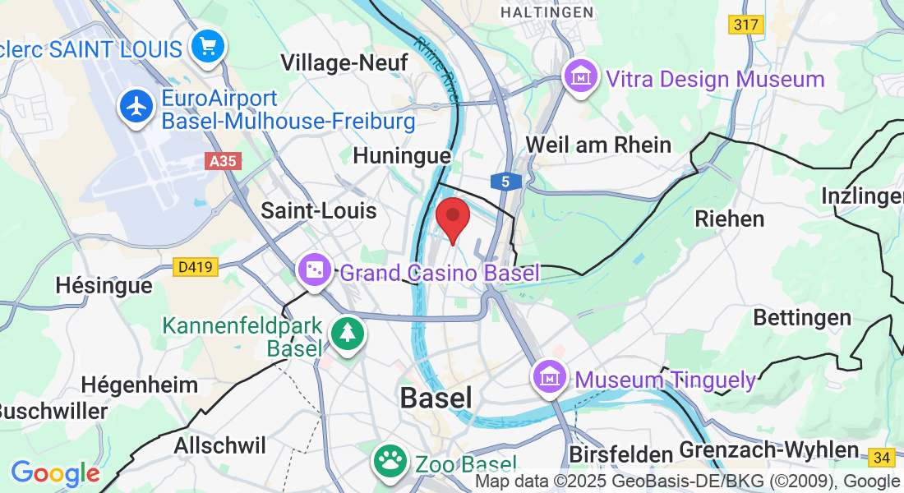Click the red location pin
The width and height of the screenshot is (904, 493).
pyautogui.click(x=452, y=218)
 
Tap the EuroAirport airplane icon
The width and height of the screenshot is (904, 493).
pyautogui.click(x=136, y=107)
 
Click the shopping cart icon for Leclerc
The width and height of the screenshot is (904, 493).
pyautogui.click(x=209, y=46)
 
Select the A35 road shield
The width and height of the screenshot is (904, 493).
pyautogui.click(x=223, y=162)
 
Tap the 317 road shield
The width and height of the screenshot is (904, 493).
pyautogui.click(x=745, y=25)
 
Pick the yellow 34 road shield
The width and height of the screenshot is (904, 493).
pyautogui.click(x=883, y=457)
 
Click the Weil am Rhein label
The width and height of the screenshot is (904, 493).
pyautogui.click(x=598, y=145)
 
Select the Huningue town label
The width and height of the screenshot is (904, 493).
pyautogui.click(x=401, y=155)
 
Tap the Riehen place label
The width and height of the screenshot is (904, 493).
pyautogui.click(x=729, y=219)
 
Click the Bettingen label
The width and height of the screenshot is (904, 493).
pyautogui.click(x=790, y=318)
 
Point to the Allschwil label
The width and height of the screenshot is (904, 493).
pyautogui.click(x=219, y=445)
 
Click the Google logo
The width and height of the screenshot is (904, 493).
pyautogui.click(x=55, y=473)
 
